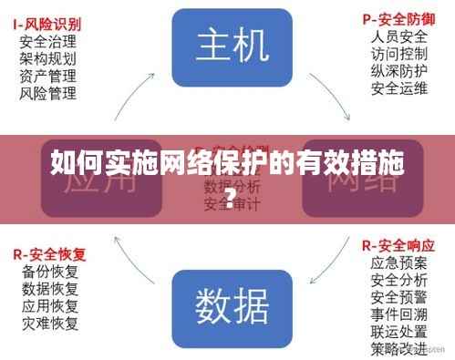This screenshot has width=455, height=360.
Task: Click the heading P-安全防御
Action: [x=398, y=19]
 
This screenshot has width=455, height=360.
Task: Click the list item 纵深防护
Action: [x=398, y=71]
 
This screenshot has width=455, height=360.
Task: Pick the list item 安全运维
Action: [x=398, y=88]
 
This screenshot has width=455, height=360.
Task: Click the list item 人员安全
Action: [x=398, y=36]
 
